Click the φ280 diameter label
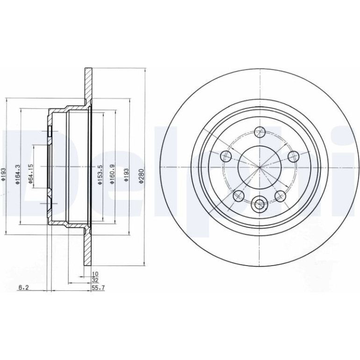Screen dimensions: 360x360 (x=141, y=176)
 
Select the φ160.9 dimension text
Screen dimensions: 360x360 (x=112, y=174)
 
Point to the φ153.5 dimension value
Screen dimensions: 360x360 (x=100, y=174)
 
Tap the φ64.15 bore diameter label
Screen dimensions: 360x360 (x=31, y=174)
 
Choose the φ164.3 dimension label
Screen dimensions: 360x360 (x=17, y=174)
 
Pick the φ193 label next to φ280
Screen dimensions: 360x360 (x=126, y=175)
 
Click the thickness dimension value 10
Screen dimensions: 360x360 (x=95, y=274)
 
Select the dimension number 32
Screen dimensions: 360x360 (x=95, y=280)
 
